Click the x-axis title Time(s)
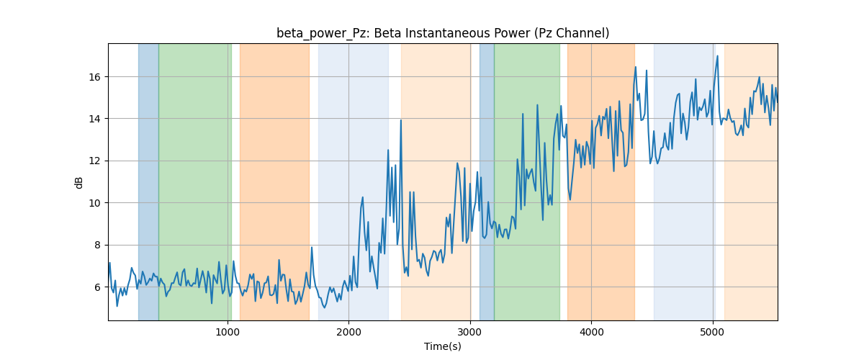pos(443,346)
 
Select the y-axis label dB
pos(78,183)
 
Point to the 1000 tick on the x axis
pos(228,332)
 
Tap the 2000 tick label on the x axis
pos(348,332)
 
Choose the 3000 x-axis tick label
pos(470,332)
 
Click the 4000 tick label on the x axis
pos(591,332)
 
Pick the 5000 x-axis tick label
pos(713,332)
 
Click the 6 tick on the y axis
pos(98,287)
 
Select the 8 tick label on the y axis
pos(98,246)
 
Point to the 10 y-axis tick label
pos(95,203)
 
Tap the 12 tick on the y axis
pos(95,161)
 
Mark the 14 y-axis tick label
pos(95,120)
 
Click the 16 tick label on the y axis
pos(95,77)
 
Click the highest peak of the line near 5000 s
pos(717,56)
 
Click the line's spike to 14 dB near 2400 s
pos(401,120)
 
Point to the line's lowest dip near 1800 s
pos(325,307)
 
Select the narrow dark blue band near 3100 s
pos(487,181)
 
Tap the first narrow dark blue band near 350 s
pos(148,181)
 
